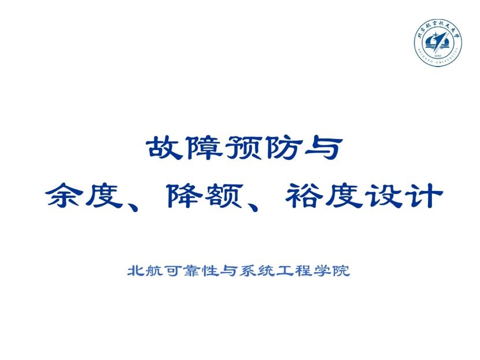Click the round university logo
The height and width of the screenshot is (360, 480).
[x=438, y=44]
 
